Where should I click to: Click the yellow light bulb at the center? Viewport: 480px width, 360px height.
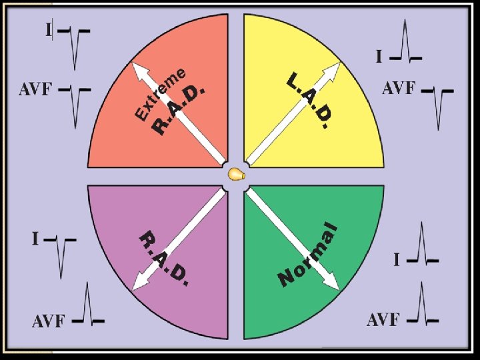point(235,174)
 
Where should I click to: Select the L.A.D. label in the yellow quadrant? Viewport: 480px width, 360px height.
point(309,101)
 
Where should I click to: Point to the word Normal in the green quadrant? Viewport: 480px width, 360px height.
point(308,254)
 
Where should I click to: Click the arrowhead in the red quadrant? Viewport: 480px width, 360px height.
point(139,70)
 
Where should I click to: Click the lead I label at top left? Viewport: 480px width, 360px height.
point(48,29)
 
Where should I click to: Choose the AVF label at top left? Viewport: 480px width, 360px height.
point(35,90)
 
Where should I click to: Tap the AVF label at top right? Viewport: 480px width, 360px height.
point(399,88)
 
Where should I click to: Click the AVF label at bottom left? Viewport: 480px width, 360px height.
point(49,321)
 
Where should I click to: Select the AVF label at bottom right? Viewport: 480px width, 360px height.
point(383,320)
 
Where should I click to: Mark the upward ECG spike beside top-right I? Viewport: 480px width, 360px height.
point(405,40)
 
